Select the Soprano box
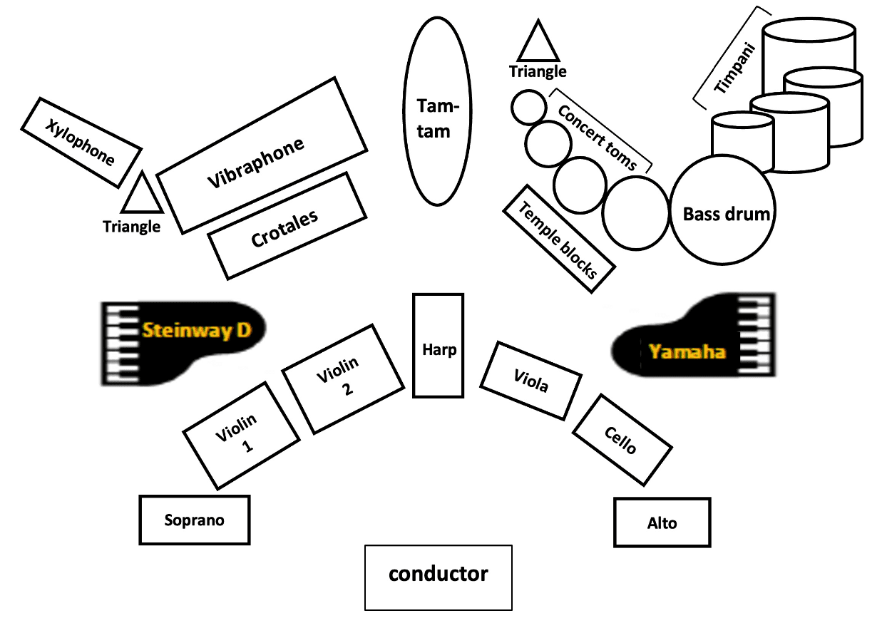[x=195, y=520]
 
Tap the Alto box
[x=662, y=523]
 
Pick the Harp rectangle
[x=438, y=345]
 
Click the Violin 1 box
[x=241, y=435]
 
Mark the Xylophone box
[x=80, y=142]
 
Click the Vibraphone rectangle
[x=262, y=155]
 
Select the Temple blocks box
[x=560, y=238]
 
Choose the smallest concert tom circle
[x=528, y=107]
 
